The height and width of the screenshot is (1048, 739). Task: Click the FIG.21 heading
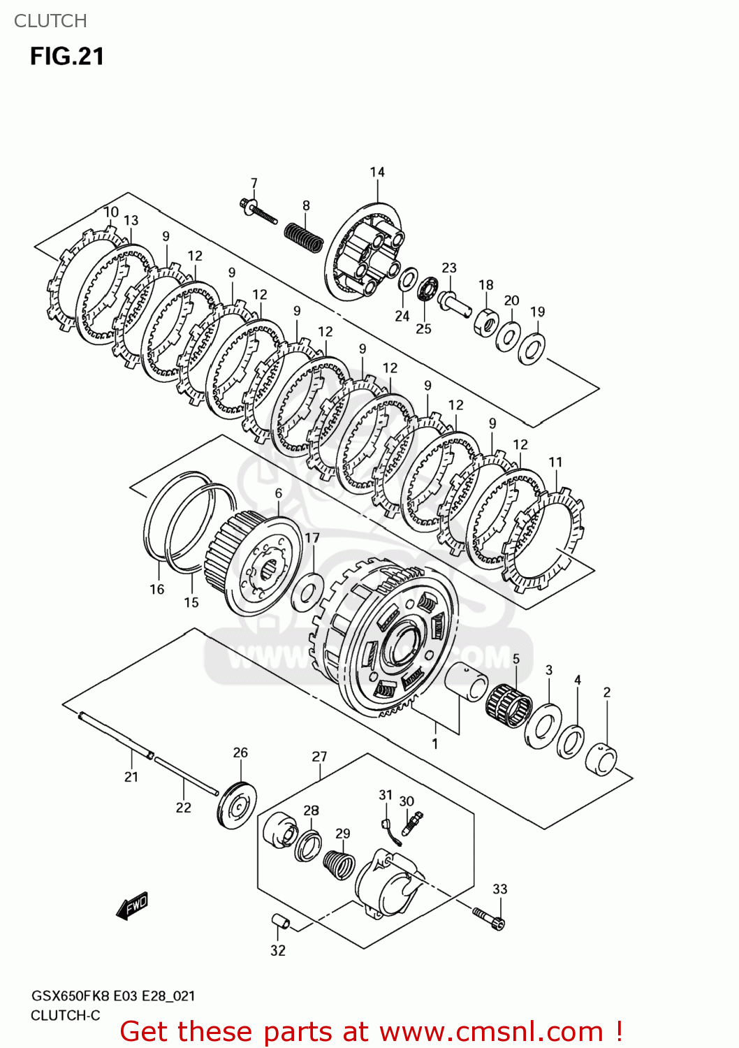pyautogui.click(x=67, y=56)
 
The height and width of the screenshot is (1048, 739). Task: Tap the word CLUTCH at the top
pyautogui.click(x=50, y=21)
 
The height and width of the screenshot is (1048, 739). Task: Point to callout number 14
pyautogui.click(x=377, y=172)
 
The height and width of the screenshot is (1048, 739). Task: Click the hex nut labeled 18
pyautogui.click(x=486, y=322)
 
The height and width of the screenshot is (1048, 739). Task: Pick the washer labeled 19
pyautogui.click(x=532, y=347)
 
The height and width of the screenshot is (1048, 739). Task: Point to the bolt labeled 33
pyautogui.click(x=488, y=917)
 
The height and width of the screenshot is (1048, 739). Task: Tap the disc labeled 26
pyautogui.click(x=237, y=806)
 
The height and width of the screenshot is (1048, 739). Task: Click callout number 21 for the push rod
pyautogui.click(x=131, y=776)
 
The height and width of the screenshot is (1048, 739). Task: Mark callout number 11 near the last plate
pyautogui.click(x=555, y=462)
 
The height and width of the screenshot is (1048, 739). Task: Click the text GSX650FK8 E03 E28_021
pyautogui.click(x=113, y=996)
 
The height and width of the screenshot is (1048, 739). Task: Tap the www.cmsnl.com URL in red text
pyautogui.click(x=491, y=1032)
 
